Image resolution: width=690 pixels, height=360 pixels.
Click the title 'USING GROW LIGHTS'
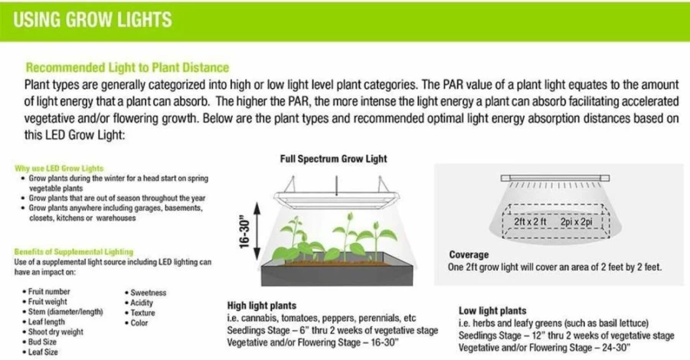click(x=93, y=20)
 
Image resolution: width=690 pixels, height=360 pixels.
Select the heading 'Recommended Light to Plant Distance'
click(x=128, y=67)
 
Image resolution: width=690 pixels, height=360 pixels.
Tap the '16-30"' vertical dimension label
click(x=244, y=232)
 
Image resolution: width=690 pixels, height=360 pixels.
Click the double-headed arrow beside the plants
click(x=258, y=231)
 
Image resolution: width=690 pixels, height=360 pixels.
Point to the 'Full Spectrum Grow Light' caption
click(x=334, y=159)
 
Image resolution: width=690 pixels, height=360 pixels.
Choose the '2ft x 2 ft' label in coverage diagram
click(x=530, y=222)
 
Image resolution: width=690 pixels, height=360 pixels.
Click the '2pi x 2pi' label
click(x=577, y=222)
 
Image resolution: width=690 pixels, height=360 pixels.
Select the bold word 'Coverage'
click(x=469, y=255)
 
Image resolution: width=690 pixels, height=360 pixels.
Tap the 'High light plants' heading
click(x=262, y=306)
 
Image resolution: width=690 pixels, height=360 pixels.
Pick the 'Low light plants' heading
click(x=492, y=311)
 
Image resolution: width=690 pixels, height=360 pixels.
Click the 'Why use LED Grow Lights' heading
click(x=59, y=169)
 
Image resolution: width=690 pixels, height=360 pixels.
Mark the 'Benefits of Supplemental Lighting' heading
click(x=74, y=252)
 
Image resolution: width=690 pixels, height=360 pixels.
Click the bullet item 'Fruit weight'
click(x=47, y=302)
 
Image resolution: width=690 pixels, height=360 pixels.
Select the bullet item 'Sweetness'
click(x=149, y=293)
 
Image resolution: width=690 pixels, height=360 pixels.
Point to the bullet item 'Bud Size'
click(x=42, y=342)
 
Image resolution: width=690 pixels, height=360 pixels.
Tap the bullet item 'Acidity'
click(x=142, y=303)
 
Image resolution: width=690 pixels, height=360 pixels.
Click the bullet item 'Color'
click(x=139, y=323)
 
